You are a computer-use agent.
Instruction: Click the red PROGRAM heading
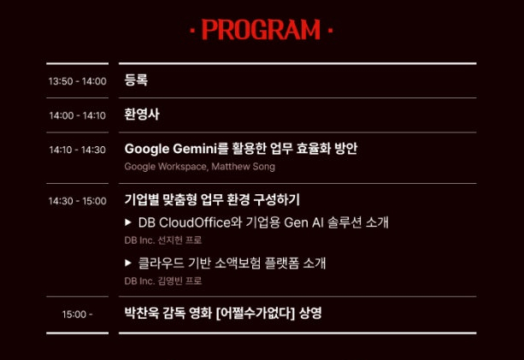(x=261, y=30)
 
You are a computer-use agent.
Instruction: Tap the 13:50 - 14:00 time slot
(x=78, y=81)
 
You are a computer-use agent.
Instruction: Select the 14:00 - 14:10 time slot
(x=78, y=115)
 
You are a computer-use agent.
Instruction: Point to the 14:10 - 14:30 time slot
(x=78, y=150)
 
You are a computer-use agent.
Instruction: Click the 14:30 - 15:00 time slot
(x=78, y=201)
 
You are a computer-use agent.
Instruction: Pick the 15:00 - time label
(x=77, y=314)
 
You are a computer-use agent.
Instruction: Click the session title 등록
(x=136, y=80)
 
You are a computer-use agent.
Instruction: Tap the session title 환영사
(x=142, y=115)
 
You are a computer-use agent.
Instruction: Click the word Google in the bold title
(x=147, y=149)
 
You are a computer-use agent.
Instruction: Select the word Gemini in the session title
(x=195, y=149)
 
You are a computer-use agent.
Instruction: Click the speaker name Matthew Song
(x=244, y=167)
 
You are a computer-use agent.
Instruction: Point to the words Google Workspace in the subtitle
(x=166, y=167)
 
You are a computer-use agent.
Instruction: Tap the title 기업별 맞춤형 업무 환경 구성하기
(x=212, y=199)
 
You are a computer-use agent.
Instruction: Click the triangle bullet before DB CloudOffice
(x=128, y=222)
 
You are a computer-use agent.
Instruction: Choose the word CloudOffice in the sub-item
(x=195, y=222)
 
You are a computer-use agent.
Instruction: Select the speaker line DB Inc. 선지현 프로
(x=163, y=240)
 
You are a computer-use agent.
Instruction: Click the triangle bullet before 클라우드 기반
(x=128, y=263)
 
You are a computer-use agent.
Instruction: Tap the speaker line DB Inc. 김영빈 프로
(x=163, y=280)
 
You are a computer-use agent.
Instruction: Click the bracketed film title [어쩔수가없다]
(x=256, y=314)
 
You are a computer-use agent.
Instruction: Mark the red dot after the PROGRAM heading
(x=331, y=31)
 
